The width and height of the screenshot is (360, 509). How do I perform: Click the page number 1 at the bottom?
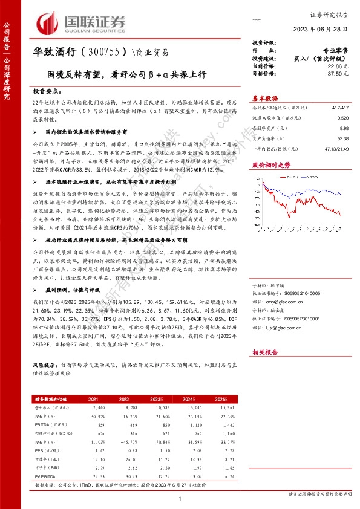pyautogui.click(x=180, y=498)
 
